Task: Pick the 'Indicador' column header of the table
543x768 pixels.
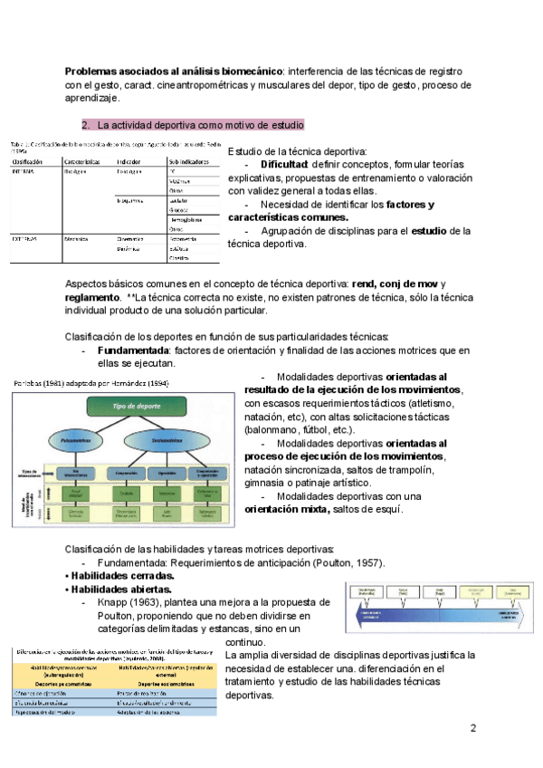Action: [x=131, y=161]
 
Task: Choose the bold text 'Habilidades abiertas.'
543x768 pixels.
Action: [x=119, y=589]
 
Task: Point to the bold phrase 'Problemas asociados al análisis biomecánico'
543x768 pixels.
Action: [x=174, y=71]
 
